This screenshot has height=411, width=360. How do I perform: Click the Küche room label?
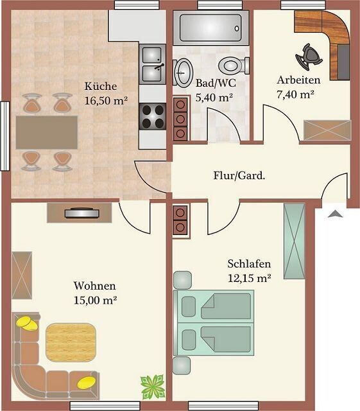tap(101, 86)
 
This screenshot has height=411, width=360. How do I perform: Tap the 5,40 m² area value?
tap(214, 98)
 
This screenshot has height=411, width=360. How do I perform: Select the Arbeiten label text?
tap(298, 80)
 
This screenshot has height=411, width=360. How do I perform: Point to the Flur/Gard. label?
tap(239, 175)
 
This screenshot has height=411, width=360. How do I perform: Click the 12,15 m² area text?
tap(249, 278)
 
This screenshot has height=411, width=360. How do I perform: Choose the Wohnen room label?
tap(94, 285)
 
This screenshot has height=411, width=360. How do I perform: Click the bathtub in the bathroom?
tap(210, 28)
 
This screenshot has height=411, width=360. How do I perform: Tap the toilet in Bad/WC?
tap(233, 66)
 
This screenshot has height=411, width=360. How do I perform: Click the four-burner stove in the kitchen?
tap(153, 116)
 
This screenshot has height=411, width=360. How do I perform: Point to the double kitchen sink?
tap(153, 64)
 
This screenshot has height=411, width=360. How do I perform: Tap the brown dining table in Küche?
tap(47, 132)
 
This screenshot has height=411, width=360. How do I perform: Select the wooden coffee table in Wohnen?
tap(71, 342)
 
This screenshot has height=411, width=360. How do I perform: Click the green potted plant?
tap(153, 387)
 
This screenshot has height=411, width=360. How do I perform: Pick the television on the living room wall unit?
tap(81, 213)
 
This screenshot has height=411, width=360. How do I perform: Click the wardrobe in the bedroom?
tap(295, 241)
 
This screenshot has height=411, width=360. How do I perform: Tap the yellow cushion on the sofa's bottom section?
tap(87, 383)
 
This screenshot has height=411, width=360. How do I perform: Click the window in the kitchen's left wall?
tap(4, 136)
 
